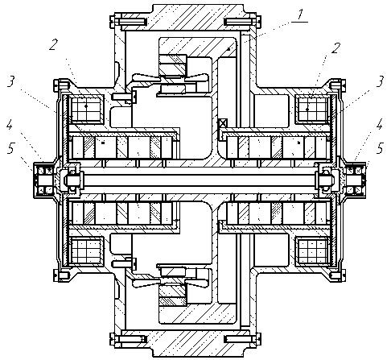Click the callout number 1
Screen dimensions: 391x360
[x=300, y=14]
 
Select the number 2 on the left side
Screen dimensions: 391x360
[x=53, y=44]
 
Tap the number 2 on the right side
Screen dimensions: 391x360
[x=335, y=48]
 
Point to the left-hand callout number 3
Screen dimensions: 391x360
[x=10, y=81]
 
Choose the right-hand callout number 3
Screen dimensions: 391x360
[x=380, y=81]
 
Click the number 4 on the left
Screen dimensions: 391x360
[x=10, y=124]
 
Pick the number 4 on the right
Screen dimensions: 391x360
[x=380, y=124]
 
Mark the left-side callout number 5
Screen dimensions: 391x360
[x=10, y=148]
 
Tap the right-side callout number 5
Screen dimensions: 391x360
[x=380, y=148]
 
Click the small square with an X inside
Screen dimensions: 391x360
[x=223, y=123]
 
